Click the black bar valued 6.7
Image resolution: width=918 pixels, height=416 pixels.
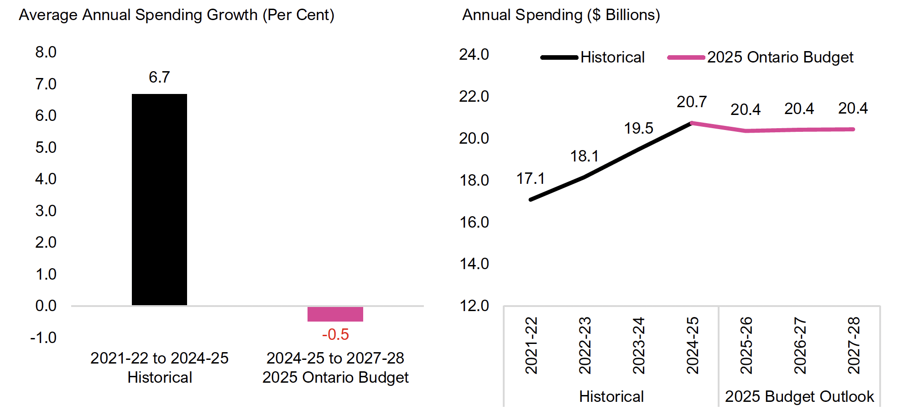pyautogui.click(x=159, y=199)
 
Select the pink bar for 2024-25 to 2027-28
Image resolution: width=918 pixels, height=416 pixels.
pyautogui.click(x=335, y=314)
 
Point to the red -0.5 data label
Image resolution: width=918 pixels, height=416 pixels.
pyautogui.click(x=335, y=334)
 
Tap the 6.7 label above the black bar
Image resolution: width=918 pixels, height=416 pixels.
pyautogui.click(x=159, y=77)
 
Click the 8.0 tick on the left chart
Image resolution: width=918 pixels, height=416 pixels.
pyautogui.click(x=46, y=52)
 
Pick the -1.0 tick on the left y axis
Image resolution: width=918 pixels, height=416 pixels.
pyautogui.click(x=43, y=338)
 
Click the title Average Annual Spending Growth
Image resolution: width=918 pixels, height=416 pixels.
pyautogui.click(x=177, y=15)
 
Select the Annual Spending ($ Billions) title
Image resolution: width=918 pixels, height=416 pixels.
pyautogui.click(x=561, y=15)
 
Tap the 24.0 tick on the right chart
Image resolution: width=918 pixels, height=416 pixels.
pyautogui.click(x=474, y=54)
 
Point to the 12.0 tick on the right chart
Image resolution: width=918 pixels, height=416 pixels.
pyautogui.click(x=474, y=306)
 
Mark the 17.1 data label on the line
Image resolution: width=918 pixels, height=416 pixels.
pyautogui.click(x=530, y=178)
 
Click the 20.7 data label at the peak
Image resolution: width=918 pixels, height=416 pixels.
pyautogui.click(x=692, y=102)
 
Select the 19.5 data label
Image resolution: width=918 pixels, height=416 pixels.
pyautogui.click(x=638, y=128)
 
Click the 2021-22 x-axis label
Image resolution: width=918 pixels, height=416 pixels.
pyautogui.click(x=531, y=345)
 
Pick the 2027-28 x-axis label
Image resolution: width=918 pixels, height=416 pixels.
pyautogui.click(x=853, y=345)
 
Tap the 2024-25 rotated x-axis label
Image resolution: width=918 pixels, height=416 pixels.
pyautogui.click(x=692, y=345)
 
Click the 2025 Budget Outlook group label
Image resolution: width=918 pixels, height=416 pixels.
pyautogui.click(x=799, y=396)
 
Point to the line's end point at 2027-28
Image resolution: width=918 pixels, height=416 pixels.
pyautogui.click(x=853, y=130)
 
